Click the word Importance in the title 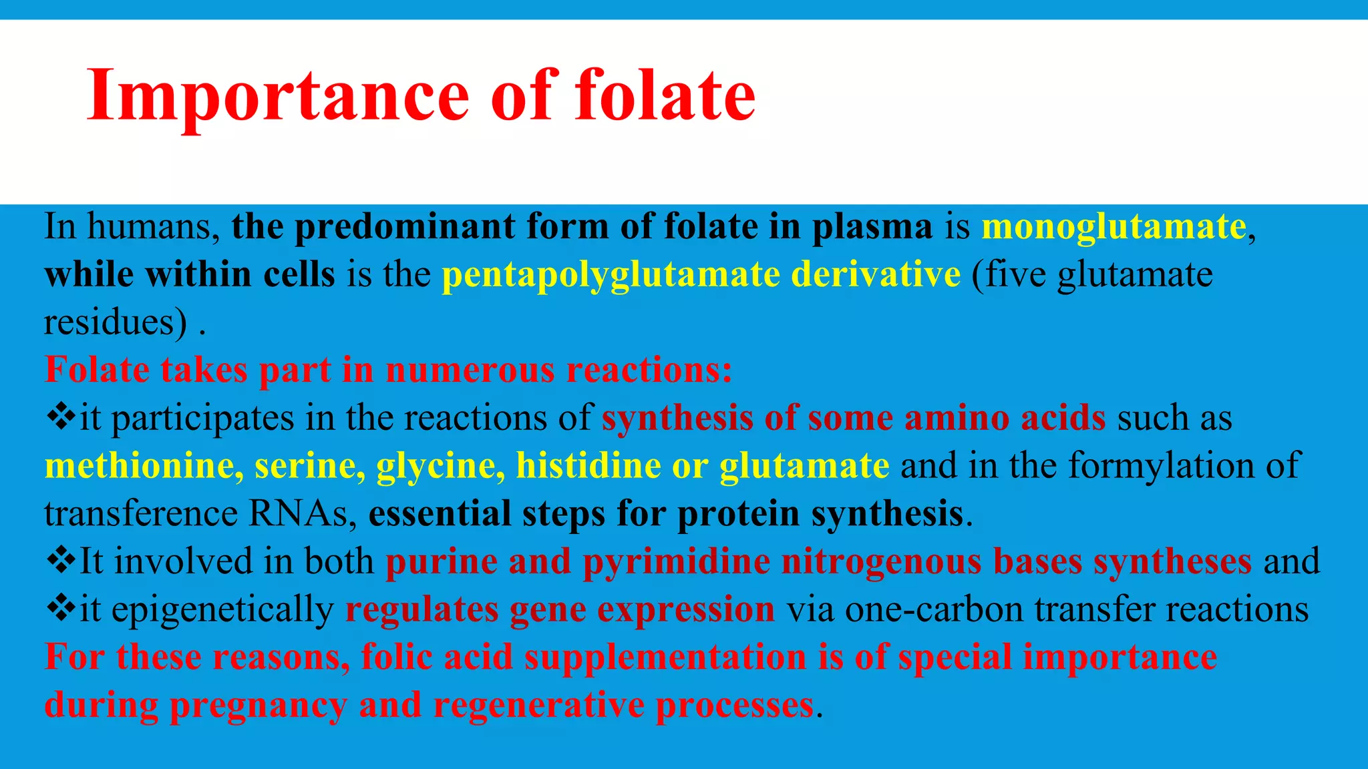click(278, 96)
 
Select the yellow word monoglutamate click(1114, 226)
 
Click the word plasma click(872, 226)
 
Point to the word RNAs click(303, 513)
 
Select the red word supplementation click(665, 658)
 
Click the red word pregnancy click(259, 706)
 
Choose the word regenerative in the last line click(538, 706)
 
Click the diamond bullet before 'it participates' click(61, 418)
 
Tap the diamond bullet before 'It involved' click(61, 561)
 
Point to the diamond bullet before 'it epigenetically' click(61, 609)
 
